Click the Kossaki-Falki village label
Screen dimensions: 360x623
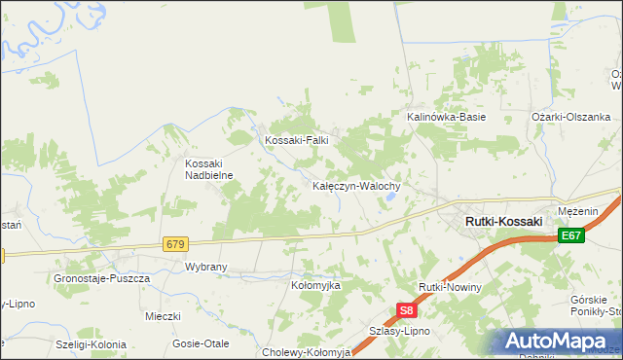click(297, 140)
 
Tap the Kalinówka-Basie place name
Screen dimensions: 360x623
click(446, 117)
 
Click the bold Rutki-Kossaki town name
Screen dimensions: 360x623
click(503, 222)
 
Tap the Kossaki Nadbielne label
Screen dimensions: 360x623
click(205, 169)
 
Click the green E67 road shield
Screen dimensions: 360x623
click(571, 235)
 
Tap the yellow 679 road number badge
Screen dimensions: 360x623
click(175, 243)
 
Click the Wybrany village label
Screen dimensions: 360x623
click(205, 266)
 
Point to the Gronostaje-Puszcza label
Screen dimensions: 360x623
click(101, 278)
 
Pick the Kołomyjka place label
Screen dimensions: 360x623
click(315, 286)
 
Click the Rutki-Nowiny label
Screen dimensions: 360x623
click(450, 289)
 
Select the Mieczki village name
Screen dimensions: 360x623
click(163, 316)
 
